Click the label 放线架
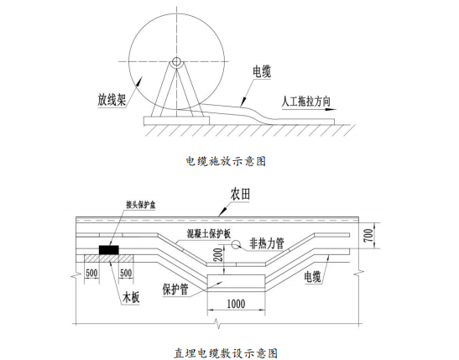pos(112,100)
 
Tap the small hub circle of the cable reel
pos(176,61)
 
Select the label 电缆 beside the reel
pos(262,72)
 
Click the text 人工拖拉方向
pos(306,102)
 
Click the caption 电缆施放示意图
pos(226,161)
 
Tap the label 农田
pos(240,195)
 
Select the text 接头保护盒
pos(140,205)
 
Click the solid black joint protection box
pos(109,250)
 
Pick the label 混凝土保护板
pos(209,233)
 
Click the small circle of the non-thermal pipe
pos(236,244)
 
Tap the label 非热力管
pos(267,243)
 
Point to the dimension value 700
pos(369,235)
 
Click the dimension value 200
pos(219,254)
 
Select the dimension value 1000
pos(236,304)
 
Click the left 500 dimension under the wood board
pos(91,273)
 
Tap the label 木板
pos(131,298)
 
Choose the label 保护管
pos(175,290)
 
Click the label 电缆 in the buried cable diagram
pos(313,277)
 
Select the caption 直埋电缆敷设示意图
pos(226,353)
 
